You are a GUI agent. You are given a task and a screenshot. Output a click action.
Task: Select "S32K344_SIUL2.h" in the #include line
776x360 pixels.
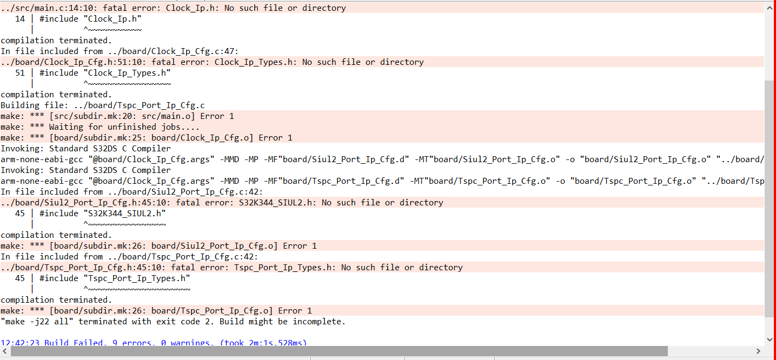124,214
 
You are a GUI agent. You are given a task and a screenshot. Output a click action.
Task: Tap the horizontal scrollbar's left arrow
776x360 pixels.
5,351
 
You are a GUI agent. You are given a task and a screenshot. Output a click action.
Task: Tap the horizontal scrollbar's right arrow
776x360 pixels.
760,351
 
